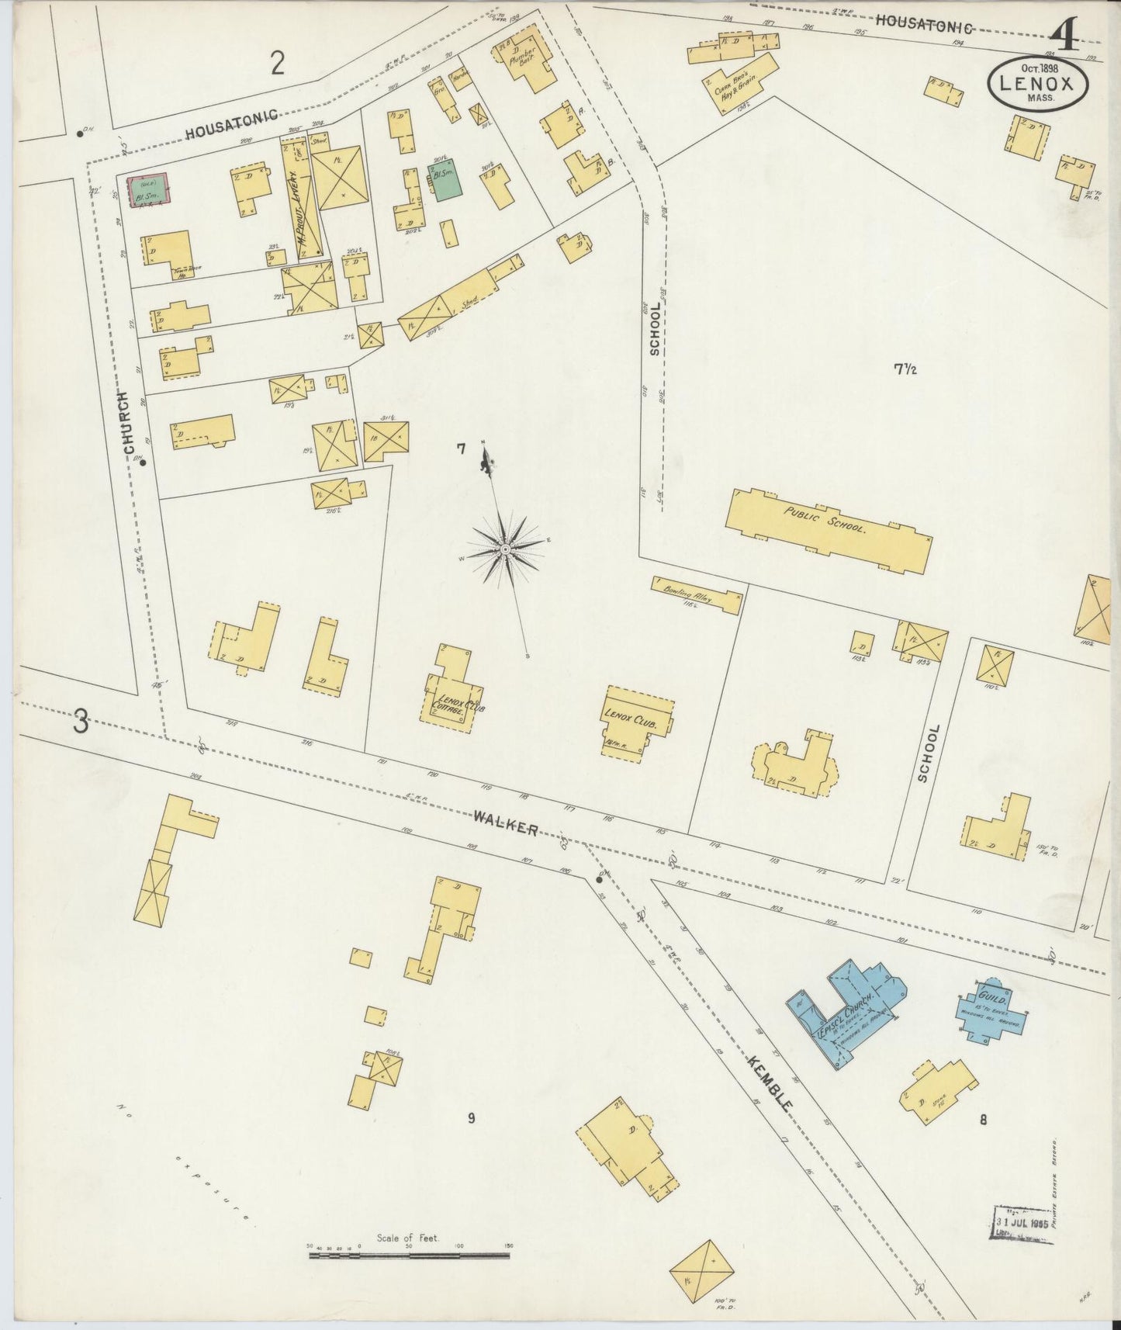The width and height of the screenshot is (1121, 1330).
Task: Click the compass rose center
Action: point(505,549)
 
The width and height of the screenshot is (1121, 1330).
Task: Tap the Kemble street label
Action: point(770,1082)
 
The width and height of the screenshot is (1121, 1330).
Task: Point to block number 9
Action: point(470,1117)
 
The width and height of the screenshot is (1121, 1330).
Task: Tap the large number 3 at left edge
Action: point(81,722)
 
